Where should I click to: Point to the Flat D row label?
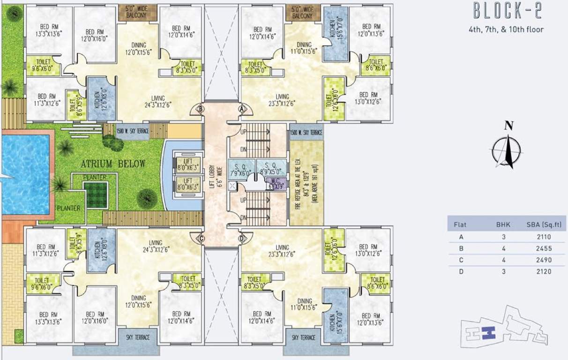click(462, 271)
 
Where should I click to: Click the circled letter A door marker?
click(242, 108)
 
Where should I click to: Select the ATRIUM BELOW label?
click(113, 164)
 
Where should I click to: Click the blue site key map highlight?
click(489, 332)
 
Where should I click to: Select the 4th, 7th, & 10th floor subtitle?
click(506, 30)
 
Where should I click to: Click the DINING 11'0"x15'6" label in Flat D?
click(305, 304)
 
